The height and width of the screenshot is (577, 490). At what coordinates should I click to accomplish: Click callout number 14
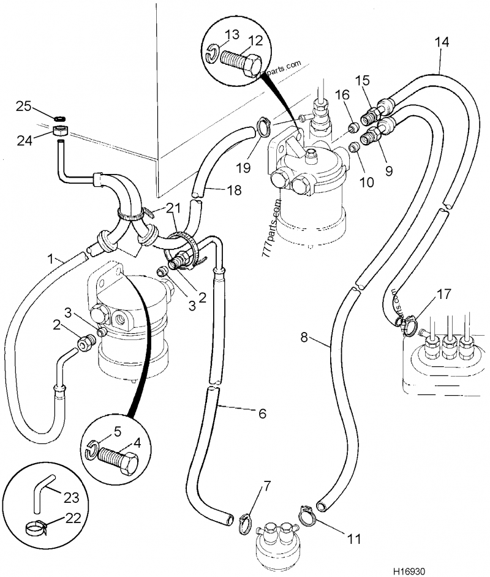(442, 42)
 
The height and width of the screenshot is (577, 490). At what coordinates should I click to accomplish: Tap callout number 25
(24, 107)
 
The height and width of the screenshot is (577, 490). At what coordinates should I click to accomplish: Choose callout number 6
(262, 413)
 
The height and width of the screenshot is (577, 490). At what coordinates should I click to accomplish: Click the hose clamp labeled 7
(244, 519)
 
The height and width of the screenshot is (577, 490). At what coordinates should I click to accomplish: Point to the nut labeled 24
(60, 130)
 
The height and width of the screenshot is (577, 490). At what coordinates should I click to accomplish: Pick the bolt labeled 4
(120, 461)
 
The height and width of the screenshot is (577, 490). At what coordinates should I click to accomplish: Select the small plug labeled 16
(353, 128)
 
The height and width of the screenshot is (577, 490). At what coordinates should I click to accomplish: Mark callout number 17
(443, 294)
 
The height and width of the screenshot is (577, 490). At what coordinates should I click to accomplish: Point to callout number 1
(51, 260)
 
